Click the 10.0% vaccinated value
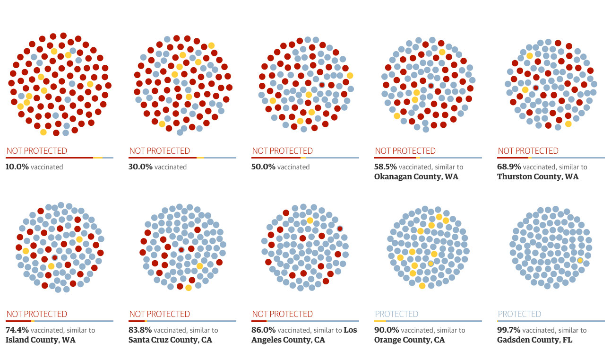17,167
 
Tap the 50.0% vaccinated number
263,167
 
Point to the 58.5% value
386,167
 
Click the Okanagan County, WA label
416,177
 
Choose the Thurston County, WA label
538,177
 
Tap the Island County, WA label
40,340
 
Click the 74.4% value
17,330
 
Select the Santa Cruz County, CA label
170,340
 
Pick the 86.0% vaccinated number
263,330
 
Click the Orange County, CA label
409,340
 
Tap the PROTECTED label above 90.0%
396,314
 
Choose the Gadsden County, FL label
534,340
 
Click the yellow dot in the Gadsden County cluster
580,261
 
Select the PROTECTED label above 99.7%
519,314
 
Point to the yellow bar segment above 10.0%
98,158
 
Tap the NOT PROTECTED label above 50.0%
282,151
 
